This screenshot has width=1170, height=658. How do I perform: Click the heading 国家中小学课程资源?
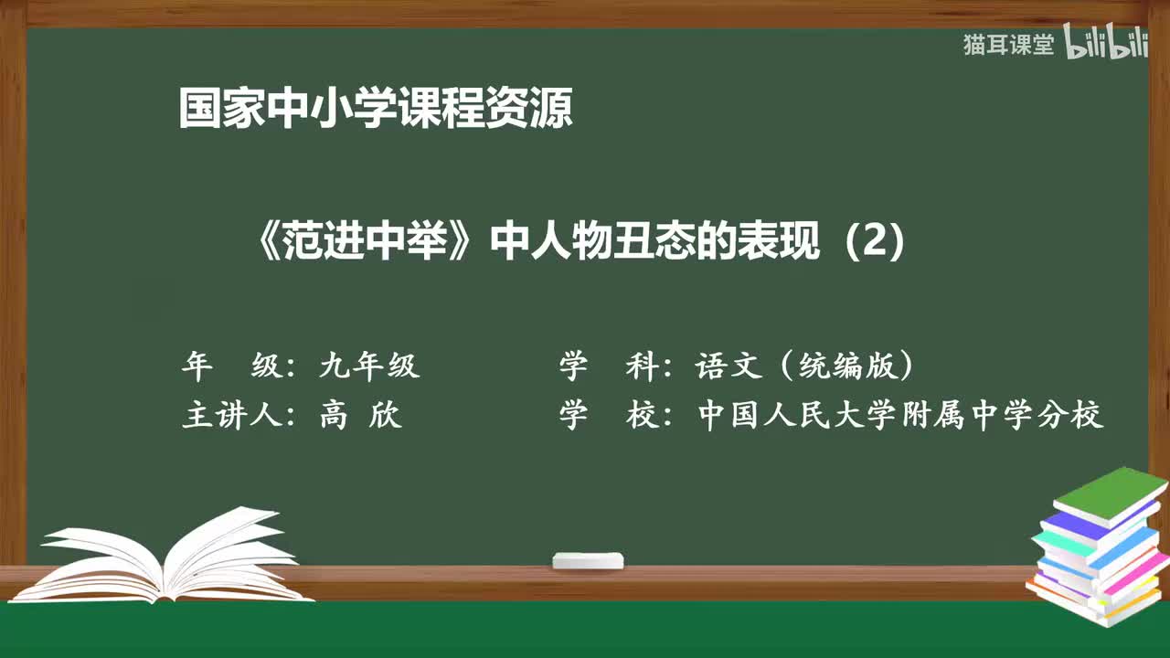pyautogui.click(x=376, y=109)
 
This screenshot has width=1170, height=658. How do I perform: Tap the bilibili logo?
pyautogui.click(x=1107, y=45)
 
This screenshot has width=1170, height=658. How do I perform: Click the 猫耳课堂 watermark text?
pyautogui.click(x=1008, y=45)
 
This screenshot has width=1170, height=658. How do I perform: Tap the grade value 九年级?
pyautogui.click(x=369, y=366)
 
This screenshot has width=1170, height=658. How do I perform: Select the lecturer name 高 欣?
pyautogui.click(x=360, y=416)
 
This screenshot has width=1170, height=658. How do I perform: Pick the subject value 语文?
pyautogui.click(x=729, y=366)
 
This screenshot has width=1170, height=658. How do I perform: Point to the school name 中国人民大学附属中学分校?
pyautogui.click(x=900, y=416)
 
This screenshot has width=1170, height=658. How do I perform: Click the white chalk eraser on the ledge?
pyautogui.click(x=588, y=560)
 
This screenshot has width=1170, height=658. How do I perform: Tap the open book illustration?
pyautogui.click(x=169, y=558)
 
